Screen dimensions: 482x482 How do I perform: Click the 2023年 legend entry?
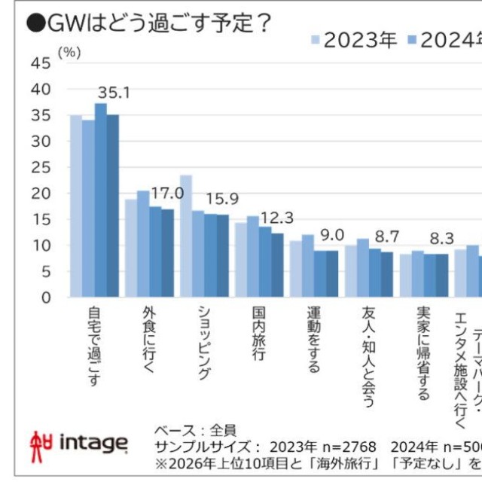tap(354, 41)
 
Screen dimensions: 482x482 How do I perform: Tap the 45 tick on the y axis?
tap(41, 64)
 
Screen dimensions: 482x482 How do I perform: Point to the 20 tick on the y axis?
tap(41, 194)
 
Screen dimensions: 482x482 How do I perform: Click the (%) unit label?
tap(69, 52)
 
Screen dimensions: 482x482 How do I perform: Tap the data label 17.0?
tap(167, 194)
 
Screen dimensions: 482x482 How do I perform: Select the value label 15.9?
tap(222, 200)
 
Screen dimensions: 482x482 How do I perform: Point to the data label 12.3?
tap(276, 218)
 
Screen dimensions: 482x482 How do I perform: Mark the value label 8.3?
tap(441, 239)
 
